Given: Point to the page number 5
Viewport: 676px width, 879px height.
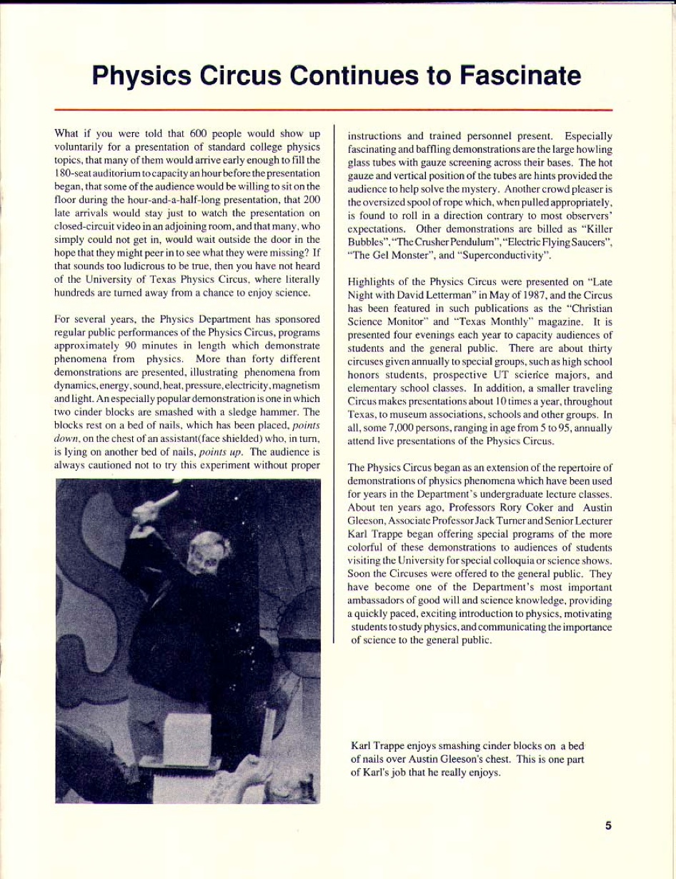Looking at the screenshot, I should coord(609,825).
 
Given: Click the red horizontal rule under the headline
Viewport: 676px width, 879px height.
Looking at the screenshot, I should coord(333,110).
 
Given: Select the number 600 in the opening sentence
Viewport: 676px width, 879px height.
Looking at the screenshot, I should coord(199,134).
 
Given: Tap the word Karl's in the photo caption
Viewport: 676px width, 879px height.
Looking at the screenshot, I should coord(364,773).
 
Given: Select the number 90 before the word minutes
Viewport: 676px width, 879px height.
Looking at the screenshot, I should coord(131,346).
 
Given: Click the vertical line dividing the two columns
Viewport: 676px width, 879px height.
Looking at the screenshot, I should coord(334,386).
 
